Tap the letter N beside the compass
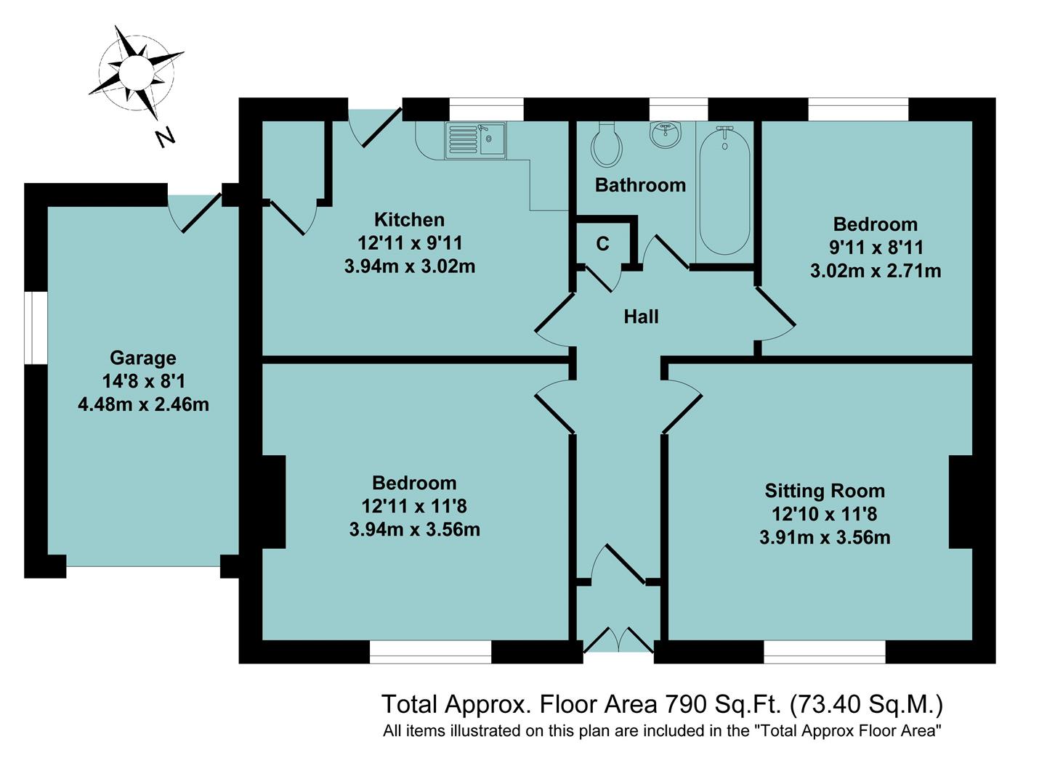click(x=166, y=136)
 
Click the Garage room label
click(x=143, y=358)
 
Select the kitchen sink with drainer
click(x=476, y=140)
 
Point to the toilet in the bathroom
click(x=607, y=144)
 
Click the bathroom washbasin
click(x=665, y=134)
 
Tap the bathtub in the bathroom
click(x=724, y=189)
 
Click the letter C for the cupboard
click(x=602, y=244)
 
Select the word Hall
click(x=641, y=317)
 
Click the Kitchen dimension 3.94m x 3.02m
click(x=410, y=266)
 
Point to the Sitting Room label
click(x=825, y=491)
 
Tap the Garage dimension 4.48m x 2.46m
click(x=143, y=404)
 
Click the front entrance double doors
click(x=618, y=640)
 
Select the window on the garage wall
click(x=35, y=327)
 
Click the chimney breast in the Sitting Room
click(x=961, y=502)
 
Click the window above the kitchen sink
click(x=485, y=110)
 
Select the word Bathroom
click(x=640, y=185)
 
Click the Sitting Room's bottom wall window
click(x=825, y=652)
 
